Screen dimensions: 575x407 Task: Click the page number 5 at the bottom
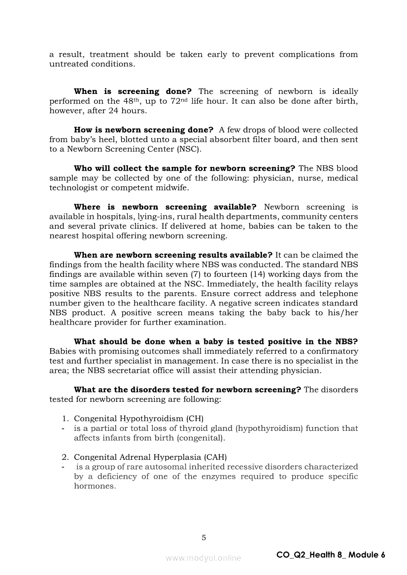coord(203,538)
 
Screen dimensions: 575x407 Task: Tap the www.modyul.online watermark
coord(203,558)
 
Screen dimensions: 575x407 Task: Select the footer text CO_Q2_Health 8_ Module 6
coord(331,555)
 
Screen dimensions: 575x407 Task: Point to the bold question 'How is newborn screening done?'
coord(143,130)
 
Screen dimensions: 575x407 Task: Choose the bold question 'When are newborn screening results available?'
coord(173,255)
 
